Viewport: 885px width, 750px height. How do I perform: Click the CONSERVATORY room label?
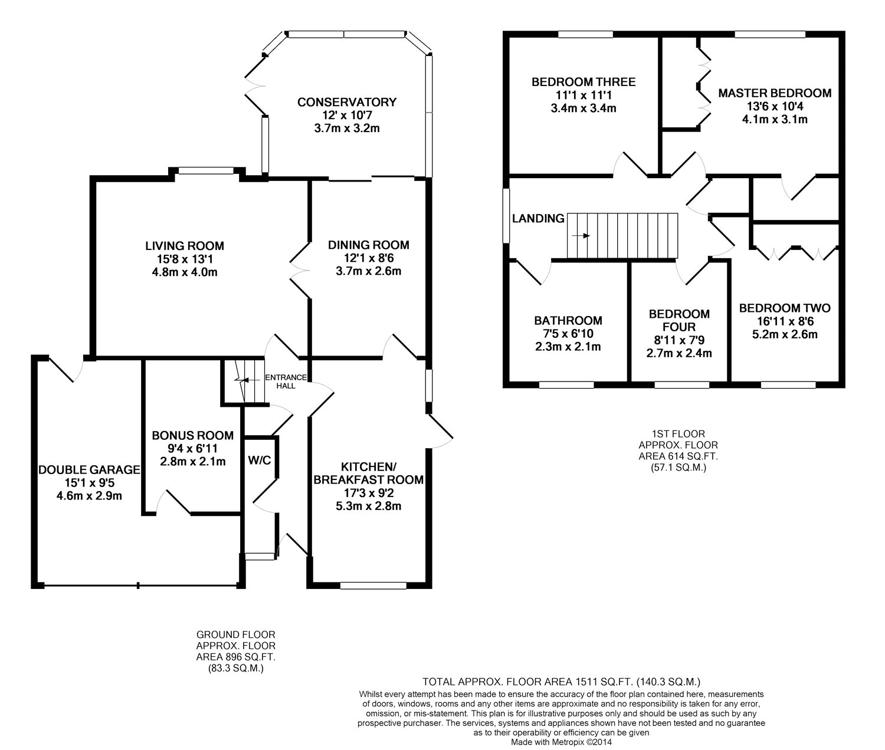tap(347, 102)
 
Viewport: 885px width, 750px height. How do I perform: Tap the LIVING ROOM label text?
tap(185, 246)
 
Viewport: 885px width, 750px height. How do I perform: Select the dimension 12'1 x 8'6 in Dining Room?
tap(368, 258)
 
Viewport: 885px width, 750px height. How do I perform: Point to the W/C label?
tap(260, 460)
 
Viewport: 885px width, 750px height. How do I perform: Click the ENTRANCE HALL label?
tap(286, 381)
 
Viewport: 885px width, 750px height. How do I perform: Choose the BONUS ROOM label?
tap(193, 436)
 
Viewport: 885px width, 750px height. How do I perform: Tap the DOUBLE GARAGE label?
tap(90, 470)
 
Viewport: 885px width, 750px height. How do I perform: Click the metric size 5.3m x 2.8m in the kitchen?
tap(369, 506)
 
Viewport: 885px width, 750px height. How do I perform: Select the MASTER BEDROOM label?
tap(775, 93)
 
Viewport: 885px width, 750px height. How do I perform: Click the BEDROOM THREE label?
tap(584, 82)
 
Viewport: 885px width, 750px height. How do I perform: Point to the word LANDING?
tap(538, 219)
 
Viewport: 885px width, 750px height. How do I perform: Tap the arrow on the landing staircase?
tap(581, 236)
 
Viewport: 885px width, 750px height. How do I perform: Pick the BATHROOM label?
tap(568, 320)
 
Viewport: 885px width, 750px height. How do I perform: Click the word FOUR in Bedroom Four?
tap(679, 327)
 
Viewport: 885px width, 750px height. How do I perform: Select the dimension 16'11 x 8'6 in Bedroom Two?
tap(785, 321)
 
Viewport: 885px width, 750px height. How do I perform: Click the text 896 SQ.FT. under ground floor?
tap(236, 657)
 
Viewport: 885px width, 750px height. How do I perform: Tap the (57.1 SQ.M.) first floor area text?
tap(678, 468)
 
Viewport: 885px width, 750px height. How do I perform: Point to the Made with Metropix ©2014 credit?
tap(561, 742)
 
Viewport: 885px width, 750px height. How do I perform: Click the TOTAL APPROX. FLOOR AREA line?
tap(561, 682)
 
